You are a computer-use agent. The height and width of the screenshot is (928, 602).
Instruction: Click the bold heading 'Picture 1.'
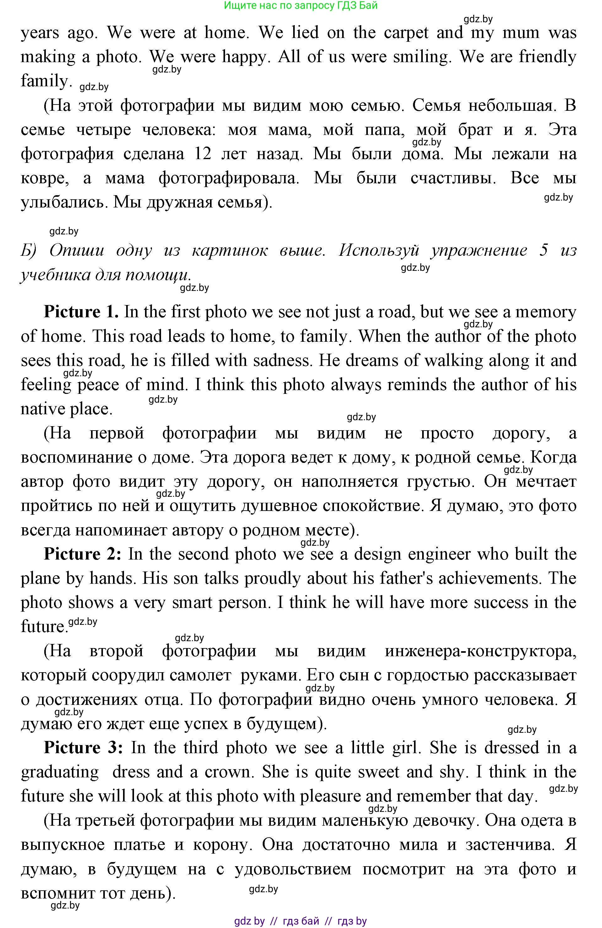coord(81,312)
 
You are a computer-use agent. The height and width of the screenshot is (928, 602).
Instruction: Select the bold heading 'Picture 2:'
coord(83,554)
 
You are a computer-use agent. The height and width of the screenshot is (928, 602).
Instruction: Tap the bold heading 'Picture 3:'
coord(84,748)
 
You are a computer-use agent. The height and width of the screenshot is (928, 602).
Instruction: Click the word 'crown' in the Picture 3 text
coord(227,772)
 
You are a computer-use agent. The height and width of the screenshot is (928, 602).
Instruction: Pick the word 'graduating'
coord(60,772)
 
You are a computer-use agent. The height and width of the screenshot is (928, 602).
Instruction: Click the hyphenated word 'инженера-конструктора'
coord(480,651)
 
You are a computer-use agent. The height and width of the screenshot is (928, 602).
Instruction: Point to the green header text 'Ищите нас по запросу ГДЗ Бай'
coord(301,5)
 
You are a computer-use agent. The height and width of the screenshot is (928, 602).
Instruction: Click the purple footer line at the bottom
coord(301,921)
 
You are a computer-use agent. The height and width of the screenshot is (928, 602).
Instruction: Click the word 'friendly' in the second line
coord(547,57)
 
